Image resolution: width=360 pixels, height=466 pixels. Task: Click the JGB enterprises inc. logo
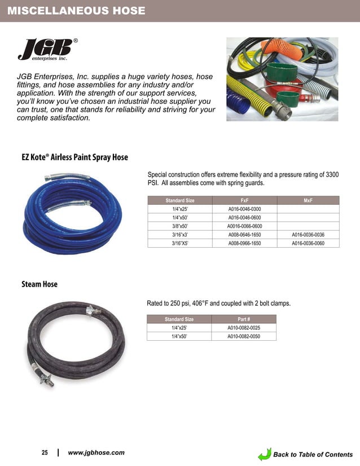[46, 50]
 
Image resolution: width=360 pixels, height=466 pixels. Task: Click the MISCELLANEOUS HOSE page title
[76, 11]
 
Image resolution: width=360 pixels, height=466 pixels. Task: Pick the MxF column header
[308, 200]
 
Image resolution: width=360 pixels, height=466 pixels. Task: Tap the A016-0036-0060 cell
[308, 243]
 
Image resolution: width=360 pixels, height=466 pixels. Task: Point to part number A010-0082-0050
[244, 336]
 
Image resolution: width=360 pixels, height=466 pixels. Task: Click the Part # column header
[244, 319]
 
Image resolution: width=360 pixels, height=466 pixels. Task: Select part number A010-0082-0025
[244, 328]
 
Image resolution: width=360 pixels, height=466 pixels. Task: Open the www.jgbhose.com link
[96, 453]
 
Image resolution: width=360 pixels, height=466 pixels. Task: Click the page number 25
[45, 453]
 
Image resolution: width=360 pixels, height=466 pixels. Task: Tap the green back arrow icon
[265, 454]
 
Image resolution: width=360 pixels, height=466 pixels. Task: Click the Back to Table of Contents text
[313, 455]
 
